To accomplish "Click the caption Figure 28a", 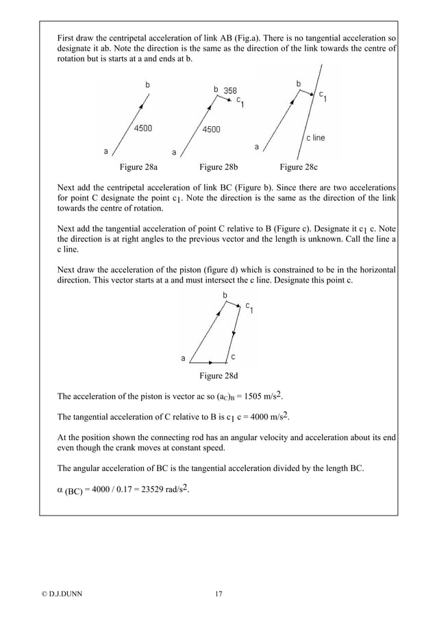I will (138, 167).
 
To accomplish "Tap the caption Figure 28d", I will (220, 376).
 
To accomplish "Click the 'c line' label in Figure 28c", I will (315, 138).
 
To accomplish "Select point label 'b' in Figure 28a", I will (147, 84).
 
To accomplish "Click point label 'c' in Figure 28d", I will (234, 356).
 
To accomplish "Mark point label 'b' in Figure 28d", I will (226, 295).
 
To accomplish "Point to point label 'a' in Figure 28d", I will (183, 357).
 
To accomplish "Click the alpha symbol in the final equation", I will (60, 491).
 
